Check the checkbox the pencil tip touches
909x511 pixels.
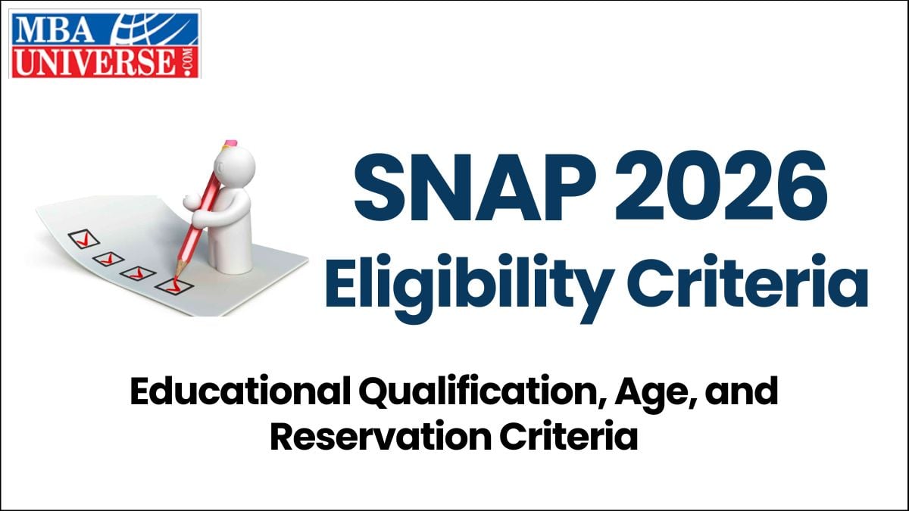tap(168, 285)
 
